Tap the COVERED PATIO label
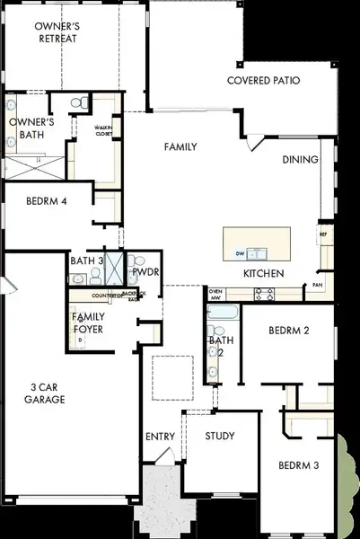(x=263, y=81)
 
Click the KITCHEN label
(x=264, y=273)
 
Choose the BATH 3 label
(x=87, y=261)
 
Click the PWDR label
(x=146, y=270)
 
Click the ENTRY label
(x=160, y=437)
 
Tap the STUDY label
(x=219, y=437)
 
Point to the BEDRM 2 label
(x=289, y=331)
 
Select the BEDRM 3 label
(x=298, y=465)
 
